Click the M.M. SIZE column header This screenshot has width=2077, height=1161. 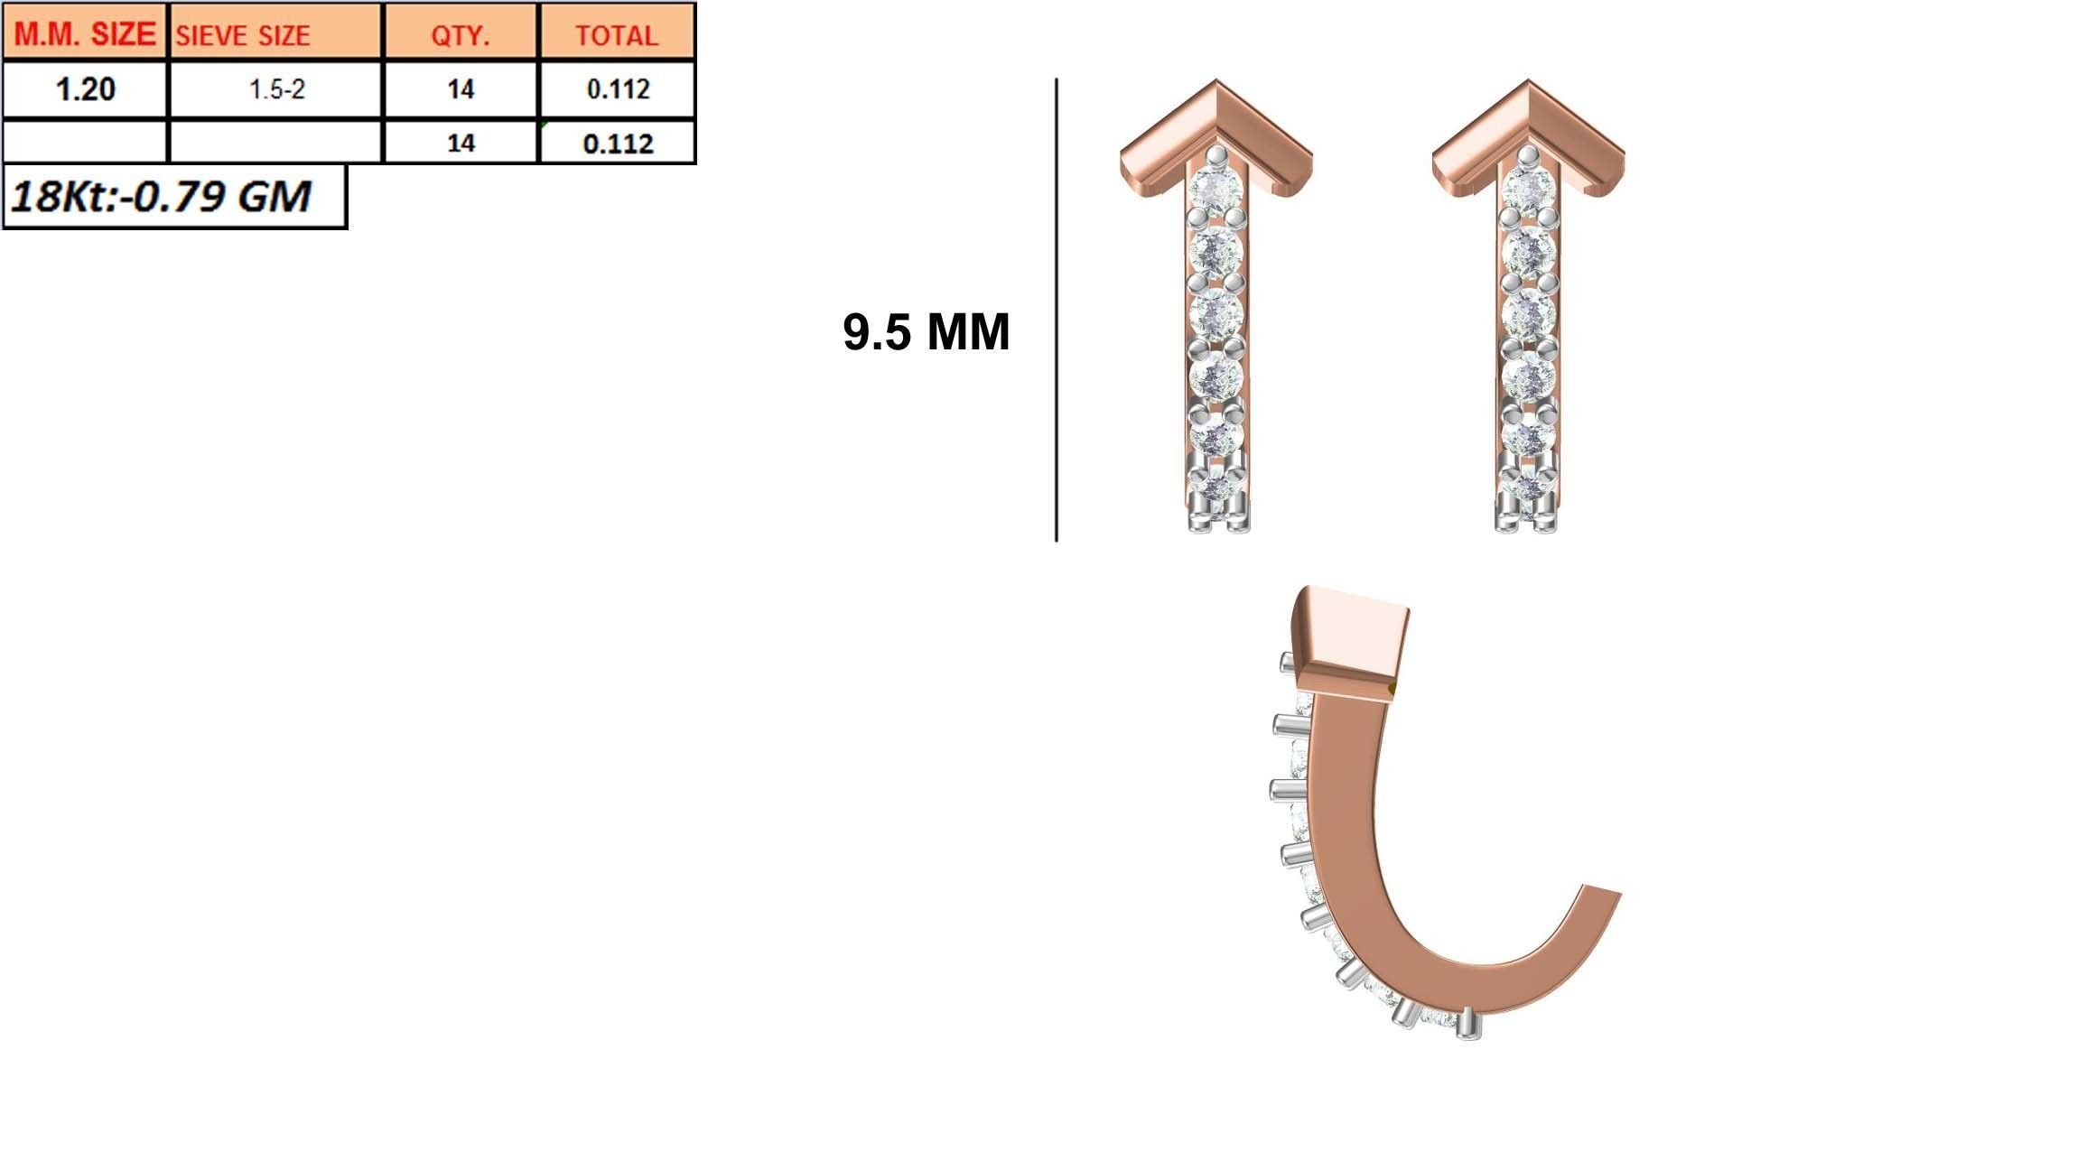pyautogui.click(x=85, y=33)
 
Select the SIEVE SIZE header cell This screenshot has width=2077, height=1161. pyautogui.click(x=242, y=35)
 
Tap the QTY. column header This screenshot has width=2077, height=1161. pyautogui.click(x=460, y=35)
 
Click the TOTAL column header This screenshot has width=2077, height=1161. pyautogui.click(x=617, y=35)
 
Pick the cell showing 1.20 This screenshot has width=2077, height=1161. pyautogui.click(x=85, y=89)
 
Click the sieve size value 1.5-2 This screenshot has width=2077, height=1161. pyautogui.click(x=276, y=89)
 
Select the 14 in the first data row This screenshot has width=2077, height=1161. pyautogui.click(x=461, y=89)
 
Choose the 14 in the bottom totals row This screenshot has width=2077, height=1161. pyautogui.click(x=461, y=143)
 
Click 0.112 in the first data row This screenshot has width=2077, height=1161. pyautogui.click(x=618, y=89)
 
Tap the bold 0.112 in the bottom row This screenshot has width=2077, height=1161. pyautogui.click(x=618, y=144)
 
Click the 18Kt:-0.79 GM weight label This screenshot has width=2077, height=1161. pyautogui.click(x=161, y=196)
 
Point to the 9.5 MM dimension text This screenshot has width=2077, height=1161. pyautogui.click(x=926, y=332)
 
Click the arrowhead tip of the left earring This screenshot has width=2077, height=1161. pyautogui.click(x=1216, y=86)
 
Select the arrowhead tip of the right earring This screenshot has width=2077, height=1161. pyautogui.click(x=1528, y=86)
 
